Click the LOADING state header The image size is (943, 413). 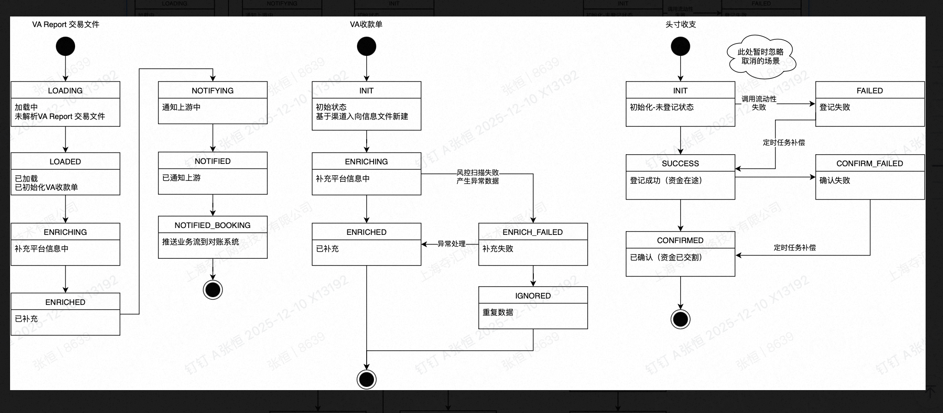65,91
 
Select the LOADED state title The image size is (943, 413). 65,162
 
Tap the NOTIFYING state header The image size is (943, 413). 212,91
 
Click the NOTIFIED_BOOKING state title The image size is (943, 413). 212,225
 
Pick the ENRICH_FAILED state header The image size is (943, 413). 532,232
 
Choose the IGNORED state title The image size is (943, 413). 533,296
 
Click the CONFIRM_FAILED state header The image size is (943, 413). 869,163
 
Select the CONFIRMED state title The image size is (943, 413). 680,240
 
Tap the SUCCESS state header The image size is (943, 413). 680,163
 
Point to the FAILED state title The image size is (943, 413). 869,91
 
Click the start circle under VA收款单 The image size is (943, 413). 366,46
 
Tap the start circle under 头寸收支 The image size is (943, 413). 680,46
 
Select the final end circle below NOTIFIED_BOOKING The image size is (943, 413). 213,290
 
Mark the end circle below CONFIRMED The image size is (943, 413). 680,319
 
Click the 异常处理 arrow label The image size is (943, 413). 451,244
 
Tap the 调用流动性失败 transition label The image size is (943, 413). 759,103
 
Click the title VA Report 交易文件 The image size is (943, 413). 65,25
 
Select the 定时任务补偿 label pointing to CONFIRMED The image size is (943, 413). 795,248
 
